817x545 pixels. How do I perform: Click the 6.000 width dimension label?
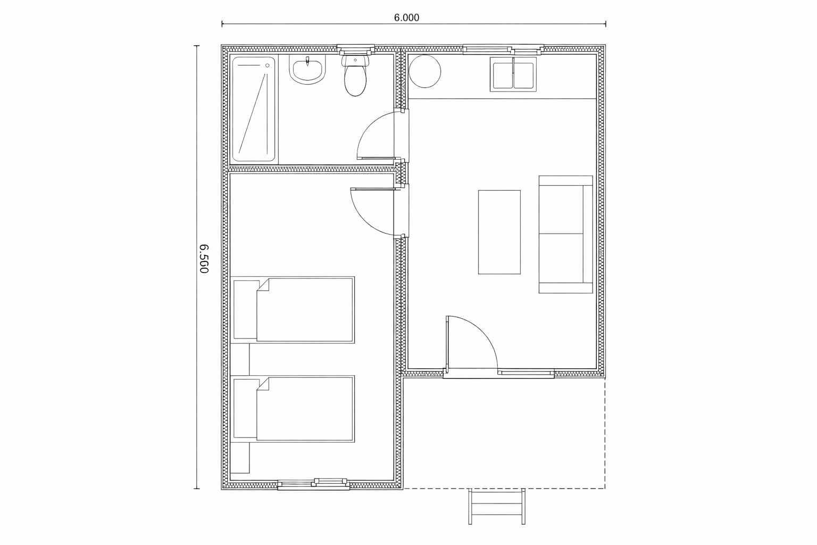[406, 18]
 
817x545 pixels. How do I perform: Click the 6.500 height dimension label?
[204, 259]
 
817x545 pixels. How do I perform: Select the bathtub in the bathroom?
[254, 109]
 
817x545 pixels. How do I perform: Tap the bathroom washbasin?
[307, 70]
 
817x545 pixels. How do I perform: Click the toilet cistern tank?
[356, 60]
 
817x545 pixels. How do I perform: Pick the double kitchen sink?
[513, 75]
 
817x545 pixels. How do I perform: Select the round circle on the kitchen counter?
[425, 71]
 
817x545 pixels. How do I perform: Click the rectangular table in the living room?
[499, 232]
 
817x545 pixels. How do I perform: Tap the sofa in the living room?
[566, 234]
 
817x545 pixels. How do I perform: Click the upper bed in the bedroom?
[293, 310]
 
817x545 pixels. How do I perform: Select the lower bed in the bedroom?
[293, 409]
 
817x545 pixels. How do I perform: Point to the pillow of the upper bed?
[245, 310]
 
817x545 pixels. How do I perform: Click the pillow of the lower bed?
[245, 408]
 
